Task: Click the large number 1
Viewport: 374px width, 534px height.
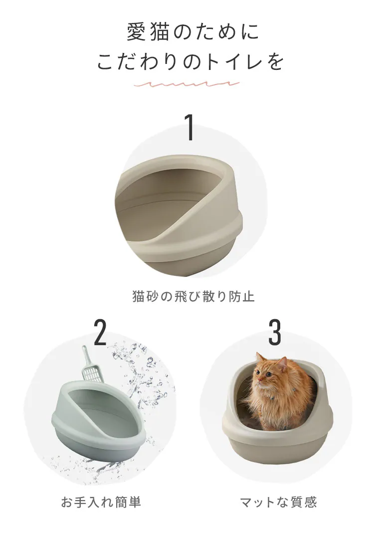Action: tap(189, 127)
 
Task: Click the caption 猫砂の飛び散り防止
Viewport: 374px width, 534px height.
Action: tap(193, 296)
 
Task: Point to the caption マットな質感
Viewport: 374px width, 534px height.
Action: tap(278, 502)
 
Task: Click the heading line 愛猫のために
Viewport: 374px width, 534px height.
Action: tap(193, 32)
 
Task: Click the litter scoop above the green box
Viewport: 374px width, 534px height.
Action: tap(90, 367)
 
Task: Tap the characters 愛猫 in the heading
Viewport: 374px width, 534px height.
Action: tap(144, 32)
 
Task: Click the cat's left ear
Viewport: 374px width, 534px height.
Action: tap(259, 357)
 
